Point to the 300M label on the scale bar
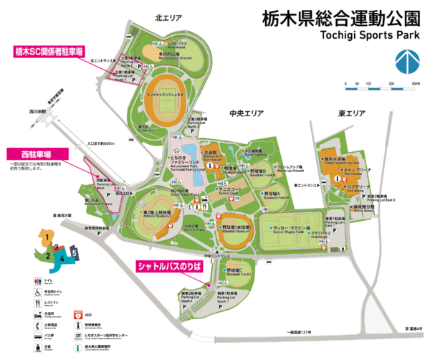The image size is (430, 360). click(x=414, y=84)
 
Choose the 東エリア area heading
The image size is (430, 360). click(x=353, y=113)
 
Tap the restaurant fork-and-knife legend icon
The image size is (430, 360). click(x=37, y=303)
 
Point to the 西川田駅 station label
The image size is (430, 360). click(x=35, y=113)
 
